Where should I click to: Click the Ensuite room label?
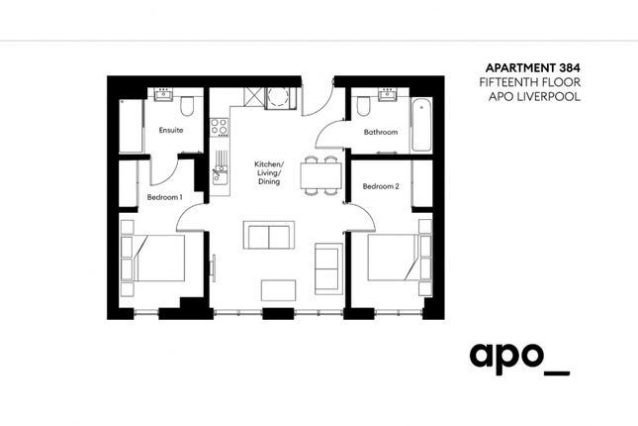[x=171, y=131]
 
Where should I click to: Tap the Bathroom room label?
[x=381, y=132]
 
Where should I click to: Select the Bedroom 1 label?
[x=164, y=197]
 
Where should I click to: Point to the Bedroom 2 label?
[x=381, y=186]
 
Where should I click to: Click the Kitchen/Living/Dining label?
[x=269, y=172]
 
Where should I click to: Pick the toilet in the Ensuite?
[x=187, y=106]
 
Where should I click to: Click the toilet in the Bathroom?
[x=363, y=105]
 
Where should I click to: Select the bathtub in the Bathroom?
[x=421, y=125]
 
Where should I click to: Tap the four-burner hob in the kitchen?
[x=219, y=127]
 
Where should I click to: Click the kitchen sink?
[x=220, y=173]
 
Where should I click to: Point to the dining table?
[x=320, y=175]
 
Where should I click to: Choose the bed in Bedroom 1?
[x=153, y=258]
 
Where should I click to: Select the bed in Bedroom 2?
[x=399, y=257]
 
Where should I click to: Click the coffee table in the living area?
[x=278, y=290]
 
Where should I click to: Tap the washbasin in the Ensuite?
[x=164, y=94]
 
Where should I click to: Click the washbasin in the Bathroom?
[x=387, y=94]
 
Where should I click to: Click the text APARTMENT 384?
[x=532, y=67]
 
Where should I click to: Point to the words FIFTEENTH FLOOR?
[x=530, y=82]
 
